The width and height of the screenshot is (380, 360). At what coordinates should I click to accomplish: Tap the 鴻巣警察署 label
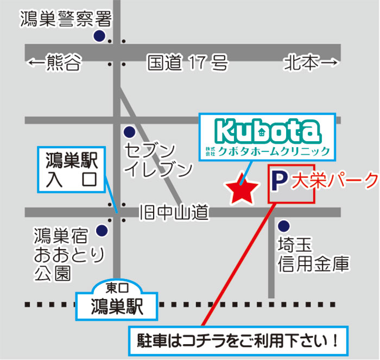[x=66, y=20]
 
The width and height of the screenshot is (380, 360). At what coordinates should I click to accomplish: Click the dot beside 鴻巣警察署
[x=99, y=36]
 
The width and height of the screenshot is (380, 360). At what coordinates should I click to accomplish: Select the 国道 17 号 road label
[x=187, y=64]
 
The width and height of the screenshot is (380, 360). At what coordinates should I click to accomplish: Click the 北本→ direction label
[x=310, y=64]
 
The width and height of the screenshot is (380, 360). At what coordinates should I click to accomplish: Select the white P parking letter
[x=279, y=181]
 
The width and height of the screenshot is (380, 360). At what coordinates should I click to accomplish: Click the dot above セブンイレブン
[x=129, y=131]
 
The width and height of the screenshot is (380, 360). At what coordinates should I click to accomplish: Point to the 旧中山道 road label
[x=174, y=212]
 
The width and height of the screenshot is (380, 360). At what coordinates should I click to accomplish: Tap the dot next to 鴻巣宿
[x=102, y=231]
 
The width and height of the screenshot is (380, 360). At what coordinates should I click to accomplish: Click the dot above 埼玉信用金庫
[x=283, y=225]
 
